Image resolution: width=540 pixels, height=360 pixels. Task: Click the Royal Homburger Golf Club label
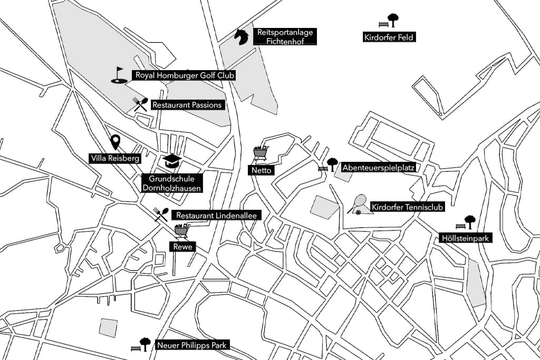click(x=185, y=75)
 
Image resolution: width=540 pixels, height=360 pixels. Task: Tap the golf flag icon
click(x=119, y=75)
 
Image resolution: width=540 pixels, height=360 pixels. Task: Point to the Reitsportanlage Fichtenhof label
click(x=285, y=37)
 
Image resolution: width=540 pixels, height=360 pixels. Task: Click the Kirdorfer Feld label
click(x=389, y=37)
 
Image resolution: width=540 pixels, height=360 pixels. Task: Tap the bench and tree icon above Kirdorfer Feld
click(x=389, y=21)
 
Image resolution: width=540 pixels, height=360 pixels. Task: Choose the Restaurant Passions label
click(x=187, y=105)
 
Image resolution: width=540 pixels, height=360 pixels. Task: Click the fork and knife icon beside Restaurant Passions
click(x=140, y=104)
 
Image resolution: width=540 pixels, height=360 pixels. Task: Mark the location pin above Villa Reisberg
click(x=115, y=142)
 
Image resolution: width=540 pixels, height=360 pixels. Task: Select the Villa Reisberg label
click(x=115, y=158)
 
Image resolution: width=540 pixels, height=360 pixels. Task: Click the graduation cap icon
click(x=171, y=161)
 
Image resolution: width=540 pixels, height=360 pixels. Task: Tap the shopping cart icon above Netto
click(x=261, y=153)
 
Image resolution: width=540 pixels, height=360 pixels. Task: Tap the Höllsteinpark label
click(x=466, y=238)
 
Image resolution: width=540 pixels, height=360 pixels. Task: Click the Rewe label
click(x=182, y=246)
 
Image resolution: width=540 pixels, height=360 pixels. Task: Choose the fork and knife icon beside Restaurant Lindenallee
click(x=161, y=214)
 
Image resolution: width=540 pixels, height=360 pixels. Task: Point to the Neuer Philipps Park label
click(x=192, y=346)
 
